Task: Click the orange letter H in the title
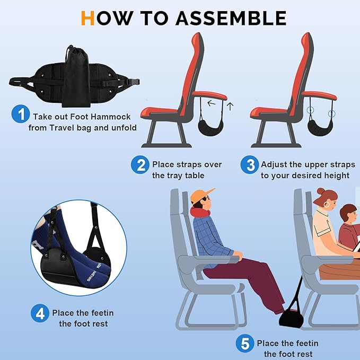88,17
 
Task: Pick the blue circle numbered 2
140,165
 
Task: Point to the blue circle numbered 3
249,165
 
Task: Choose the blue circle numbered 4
40,314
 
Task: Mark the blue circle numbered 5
245,344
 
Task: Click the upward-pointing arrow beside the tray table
230,106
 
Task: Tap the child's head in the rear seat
348,213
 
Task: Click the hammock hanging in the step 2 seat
201,125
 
